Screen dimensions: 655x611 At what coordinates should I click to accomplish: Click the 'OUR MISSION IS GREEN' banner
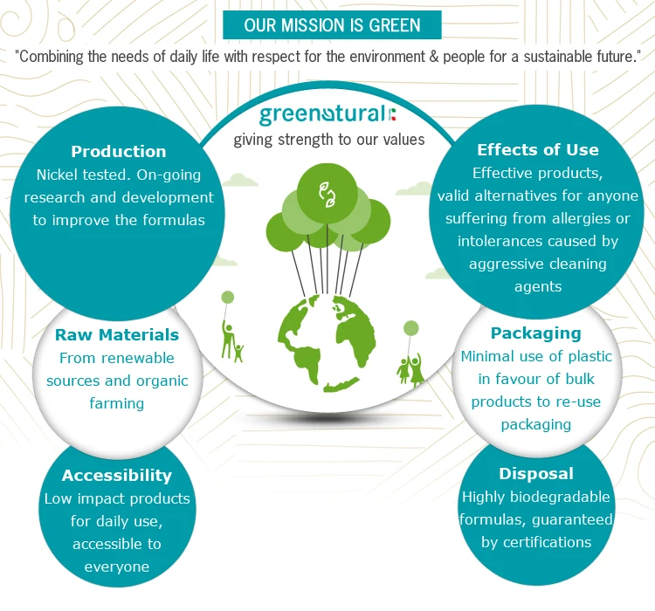(332, 25)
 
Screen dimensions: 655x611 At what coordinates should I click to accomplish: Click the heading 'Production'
(119, 152)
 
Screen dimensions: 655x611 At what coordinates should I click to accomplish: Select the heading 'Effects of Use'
(538, 150)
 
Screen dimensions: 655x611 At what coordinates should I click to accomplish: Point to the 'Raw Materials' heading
(117, 335)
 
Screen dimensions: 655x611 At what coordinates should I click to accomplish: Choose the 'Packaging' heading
(536, 333)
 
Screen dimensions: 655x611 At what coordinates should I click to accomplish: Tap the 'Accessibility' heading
(117, 476)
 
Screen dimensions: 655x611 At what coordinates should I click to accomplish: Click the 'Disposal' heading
(536, 474)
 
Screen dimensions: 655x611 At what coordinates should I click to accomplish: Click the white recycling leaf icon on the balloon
(327, 195)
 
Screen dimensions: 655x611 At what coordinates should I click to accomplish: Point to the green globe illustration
(327, 343)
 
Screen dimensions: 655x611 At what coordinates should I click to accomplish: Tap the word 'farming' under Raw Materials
(117, 404)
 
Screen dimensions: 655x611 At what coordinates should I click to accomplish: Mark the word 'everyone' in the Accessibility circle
(117, 566)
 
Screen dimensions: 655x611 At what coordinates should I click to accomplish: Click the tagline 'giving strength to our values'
(329, 140)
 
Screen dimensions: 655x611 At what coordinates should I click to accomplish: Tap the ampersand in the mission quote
(434, 57)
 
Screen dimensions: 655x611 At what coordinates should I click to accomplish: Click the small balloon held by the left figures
(228, 298)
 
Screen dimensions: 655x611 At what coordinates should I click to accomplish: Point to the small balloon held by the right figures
(411, 328)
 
